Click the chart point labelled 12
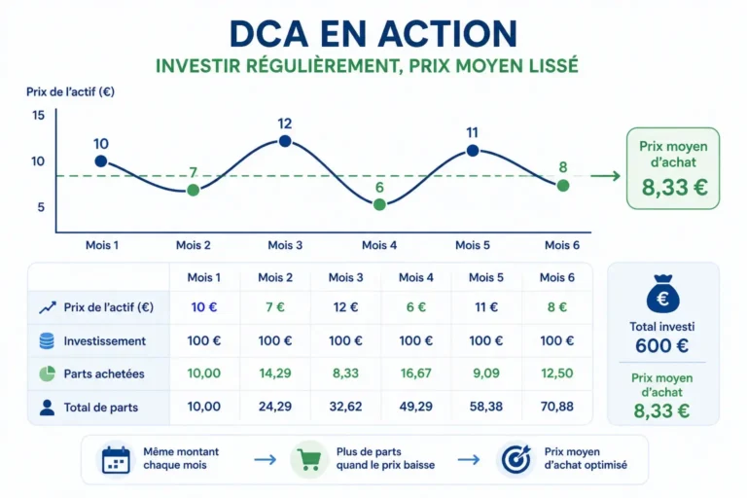tap(285, 141)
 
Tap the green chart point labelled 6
tap(379, 204)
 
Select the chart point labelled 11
tap(473, 151)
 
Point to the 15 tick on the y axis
tap(39, 116)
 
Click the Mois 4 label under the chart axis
tap(379, 245)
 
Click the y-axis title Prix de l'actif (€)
tap(70, 91)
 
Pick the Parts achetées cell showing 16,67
tap(416, 373)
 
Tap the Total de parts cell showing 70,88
tap(557, 407)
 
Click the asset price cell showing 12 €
tap(345, 307)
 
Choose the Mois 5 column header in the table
tap(486, 277)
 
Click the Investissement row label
tap(105, 341)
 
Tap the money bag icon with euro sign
tap(662, 294)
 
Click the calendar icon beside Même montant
tap(116, 460)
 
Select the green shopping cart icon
tap(309, 460)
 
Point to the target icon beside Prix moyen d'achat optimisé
tap(516, 459)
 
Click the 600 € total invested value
tap(661, 345)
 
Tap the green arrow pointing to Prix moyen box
tap(606, 176)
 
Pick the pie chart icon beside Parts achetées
tap(47, 373)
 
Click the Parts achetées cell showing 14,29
tap(275, 373)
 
